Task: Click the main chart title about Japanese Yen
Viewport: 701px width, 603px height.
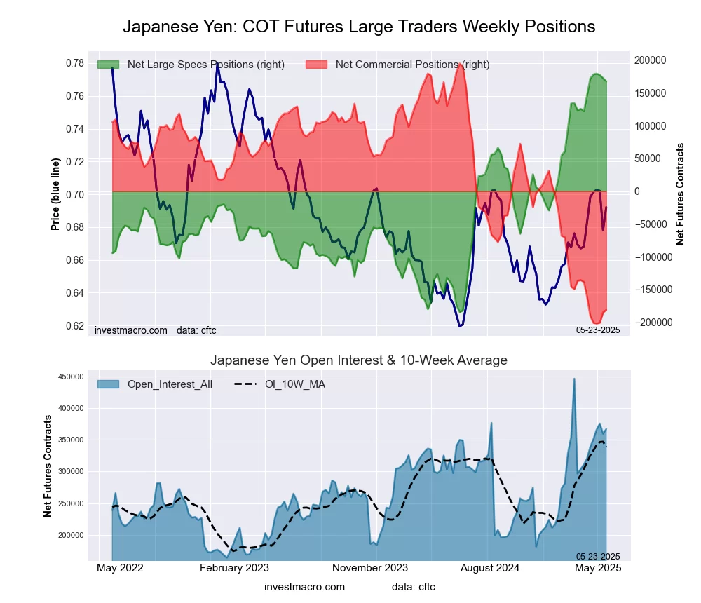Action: tap(359, 27)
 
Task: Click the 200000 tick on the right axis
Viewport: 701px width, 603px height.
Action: tap(651, 60)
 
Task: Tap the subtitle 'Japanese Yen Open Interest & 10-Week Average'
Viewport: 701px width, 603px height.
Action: tap(359, 360)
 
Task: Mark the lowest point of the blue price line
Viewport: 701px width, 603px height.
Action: tap(460, 326)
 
